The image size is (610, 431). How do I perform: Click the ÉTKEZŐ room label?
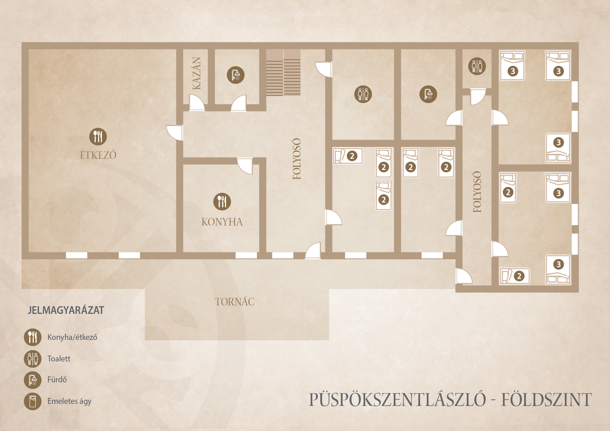[x=98, y=155]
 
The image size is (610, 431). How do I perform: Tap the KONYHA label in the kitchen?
[x=222, y=222]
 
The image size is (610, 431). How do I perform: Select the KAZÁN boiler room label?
[x=196, y=73]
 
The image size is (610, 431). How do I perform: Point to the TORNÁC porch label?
[x=234, y=302]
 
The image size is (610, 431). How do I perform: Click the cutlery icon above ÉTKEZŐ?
[x=98, y=137]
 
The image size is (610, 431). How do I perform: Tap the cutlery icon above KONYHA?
[x=222, y=202]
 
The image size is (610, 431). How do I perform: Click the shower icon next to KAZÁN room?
[x=236, y=75]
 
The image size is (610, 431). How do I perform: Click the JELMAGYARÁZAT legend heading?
[x=66, y=310]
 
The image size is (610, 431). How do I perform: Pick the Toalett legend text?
[x=59, y=359]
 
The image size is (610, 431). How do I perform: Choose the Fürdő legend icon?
[x=33, y=380]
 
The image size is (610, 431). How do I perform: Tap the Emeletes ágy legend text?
[x=69, y=401]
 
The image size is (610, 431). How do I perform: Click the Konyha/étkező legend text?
[x=72, y=337]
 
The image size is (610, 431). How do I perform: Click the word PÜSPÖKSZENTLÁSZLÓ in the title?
[x=397, y=400]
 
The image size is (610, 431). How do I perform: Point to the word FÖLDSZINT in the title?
[x=546, y=400]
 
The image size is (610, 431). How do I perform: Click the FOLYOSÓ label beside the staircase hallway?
[x=297, y=159]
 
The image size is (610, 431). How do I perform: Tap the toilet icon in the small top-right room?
[x=477, y=66]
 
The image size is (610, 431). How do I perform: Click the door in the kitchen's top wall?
[x=245, y=165]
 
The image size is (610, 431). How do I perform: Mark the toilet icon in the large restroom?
[x=363, y=94]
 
